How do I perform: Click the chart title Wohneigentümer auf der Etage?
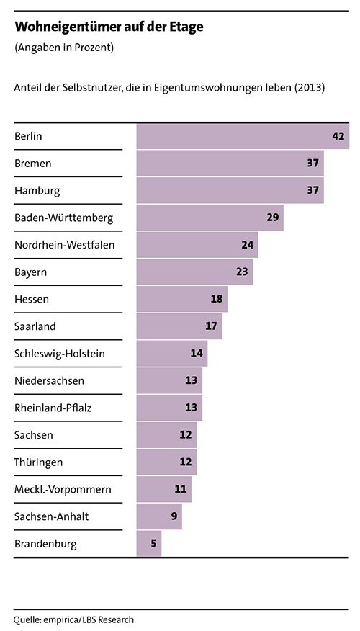(x=109, y=27)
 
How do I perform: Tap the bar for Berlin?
(x=243, y=136)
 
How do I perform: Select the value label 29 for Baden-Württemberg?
(x=273, y=218)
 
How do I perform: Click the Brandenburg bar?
(x=149, y=544)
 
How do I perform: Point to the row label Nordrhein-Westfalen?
(x=64, y=245)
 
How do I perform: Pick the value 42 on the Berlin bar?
(x=338, y=136)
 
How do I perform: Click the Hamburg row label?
(x=37, y=191)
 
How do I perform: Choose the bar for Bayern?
(x=194, y=272)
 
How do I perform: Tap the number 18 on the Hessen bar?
(x=217, y=299)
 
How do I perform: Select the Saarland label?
(x=35, y=326)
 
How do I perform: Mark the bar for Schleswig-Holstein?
(x=172, y=354)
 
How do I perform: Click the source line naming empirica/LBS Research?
(x=73, y=619)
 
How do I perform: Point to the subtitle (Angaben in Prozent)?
(x=64, y=48)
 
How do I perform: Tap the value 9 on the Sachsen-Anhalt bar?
(x=174, y=516)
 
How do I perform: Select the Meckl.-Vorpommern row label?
(x=63, y=490)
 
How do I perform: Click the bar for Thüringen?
(x=166, y=462)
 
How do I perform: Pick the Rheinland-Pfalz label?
(x=53, y=408)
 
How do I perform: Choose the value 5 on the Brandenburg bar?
(x=153, y=544)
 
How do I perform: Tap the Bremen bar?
(x=230, y=164)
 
